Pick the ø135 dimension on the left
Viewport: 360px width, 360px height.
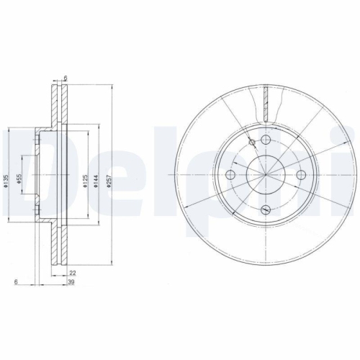pyautogui.click(x=5, y=183)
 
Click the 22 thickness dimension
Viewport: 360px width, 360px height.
pyautogui.click(x=72, y=272)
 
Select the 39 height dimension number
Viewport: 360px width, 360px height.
pyautogui.click(x=72, y=284)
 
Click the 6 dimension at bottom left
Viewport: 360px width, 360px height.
pyautogui.click(x=15, y=283)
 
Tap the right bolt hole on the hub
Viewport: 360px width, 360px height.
pyautogui.click(x=300, y=175)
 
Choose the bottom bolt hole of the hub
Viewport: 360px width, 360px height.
pyautogui.click(x=265, y=210)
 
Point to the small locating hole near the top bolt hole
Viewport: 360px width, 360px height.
pyautogui.click(x=251, y=143)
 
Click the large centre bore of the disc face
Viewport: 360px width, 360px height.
pyautogui.click(x=265, y=175)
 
